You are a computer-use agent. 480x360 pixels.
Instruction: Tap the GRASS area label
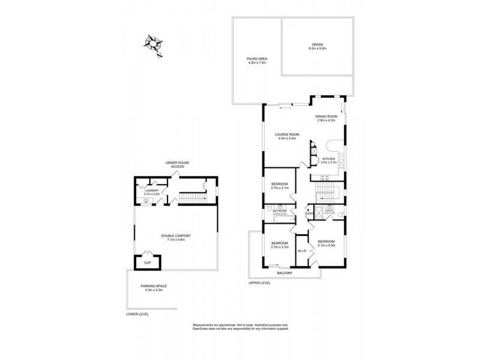tap(318, 45)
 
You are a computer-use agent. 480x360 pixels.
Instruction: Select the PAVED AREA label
tap(256, 58)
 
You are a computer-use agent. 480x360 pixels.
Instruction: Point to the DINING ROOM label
tap(328, 116)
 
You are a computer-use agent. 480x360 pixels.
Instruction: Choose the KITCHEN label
tap(328, 158)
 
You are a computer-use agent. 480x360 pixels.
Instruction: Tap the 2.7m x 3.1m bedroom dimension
tap(280, 188)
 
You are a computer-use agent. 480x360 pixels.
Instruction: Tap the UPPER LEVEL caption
tap(260, 282)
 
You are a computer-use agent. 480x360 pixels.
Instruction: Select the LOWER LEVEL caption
tap(137, 314)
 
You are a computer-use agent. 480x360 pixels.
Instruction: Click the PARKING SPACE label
tap(154, 286)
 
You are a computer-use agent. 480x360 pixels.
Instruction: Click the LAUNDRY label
tap(151, 190)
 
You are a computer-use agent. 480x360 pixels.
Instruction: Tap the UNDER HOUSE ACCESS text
tap(178, 165)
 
